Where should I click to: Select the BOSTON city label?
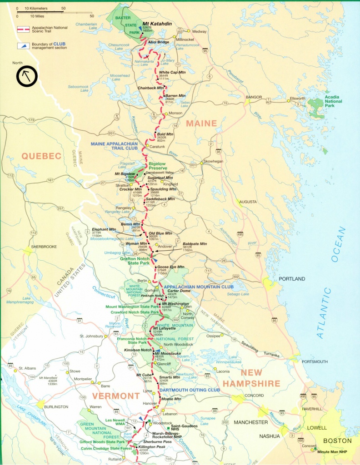[337, 440]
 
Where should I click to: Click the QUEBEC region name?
[41, 156]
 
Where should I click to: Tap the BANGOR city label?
[254, 97]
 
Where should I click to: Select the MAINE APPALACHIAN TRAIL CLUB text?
[120, 144]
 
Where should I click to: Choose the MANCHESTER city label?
[251, 422]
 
